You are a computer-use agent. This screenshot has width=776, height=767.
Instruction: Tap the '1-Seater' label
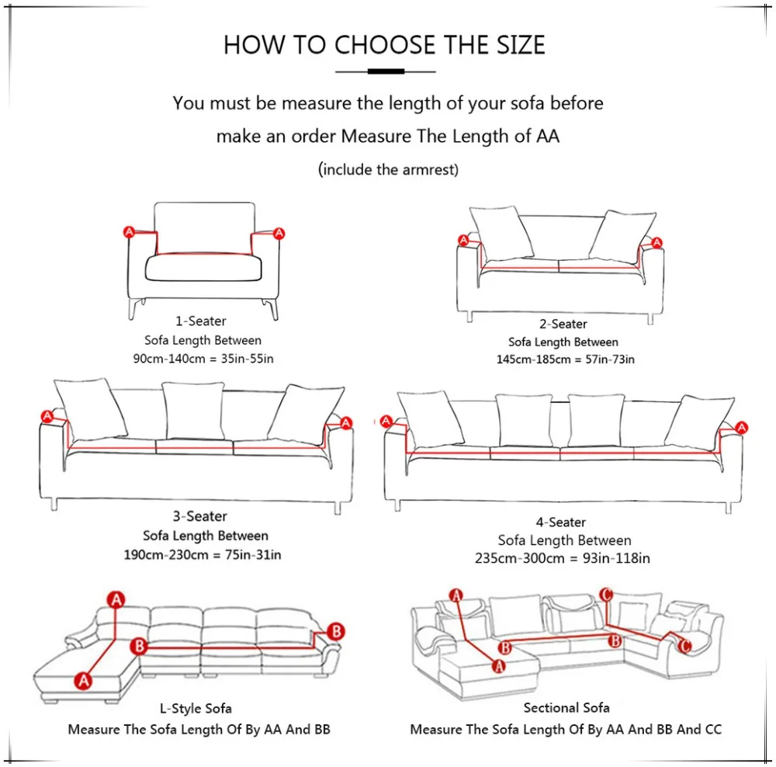click(200, 321)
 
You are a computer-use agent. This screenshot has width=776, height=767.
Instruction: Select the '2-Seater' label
click(563, 324)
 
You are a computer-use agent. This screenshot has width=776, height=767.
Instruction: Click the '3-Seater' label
click(200, 516)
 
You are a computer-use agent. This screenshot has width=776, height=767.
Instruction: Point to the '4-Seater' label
click(561, 522)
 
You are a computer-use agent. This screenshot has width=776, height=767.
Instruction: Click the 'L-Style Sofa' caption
click(196, 709)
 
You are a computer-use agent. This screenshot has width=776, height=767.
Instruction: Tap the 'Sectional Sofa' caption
click(566, 707)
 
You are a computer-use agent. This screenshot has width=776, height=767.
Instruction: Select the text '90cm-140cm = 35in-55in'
click(203, 359)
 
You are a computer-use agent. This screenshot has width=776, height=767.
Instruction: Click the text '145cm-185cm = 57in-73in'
click(565, 359)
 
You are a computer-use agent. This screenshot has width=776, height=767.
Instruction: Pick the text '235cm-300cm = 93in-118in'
click(562, 558)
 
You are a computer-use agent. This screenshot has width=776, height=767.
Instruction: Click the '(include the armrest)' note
click(388, 169)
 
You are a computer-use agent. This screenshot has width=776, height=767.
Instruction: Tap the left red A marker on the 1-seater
click(129, 232)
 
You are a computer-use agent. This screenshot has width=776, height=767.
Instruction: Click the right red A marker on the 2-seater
click(656, 243)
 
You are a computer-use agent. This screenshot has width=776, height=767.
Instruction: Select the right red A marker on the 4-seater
click(741, 427)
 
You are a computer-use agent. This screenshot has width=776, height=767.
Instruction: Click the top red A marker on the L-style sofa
click(116, 599)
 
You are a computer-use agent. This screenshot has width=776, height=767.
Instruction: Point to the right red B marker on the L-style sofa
click(336, 631)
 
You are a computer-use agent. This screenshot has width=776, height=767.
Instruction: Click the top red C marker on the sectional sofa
click(606, 594)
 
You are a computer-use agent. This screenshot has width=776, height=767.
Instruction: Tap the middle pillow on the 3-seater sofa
click(193, 411)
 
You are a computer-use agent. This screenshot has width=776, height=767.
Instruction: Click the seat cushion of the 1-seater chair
click(203, 267)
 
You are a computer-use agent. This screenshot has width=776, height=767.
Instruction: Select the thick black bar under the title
click(386, 71)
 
